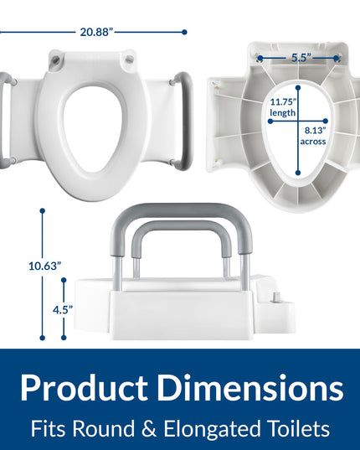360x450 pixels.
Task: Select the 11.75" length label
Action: pos(283,107)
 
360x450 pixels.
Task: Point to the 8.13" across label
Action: pos(313,136)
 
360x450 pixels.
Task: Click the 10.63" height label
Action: pos(45,266)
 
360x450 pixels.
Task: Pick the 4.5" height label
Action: pos(63,310)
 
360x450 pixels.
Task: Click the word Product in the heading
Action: pos(84,388)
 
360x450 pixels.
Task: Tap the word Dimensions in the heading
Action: pos(250,388)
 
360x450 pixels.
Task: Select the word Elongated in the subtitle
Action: pos(212,429)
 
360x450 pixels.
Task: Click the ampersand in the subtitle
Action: pos(149,429)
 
